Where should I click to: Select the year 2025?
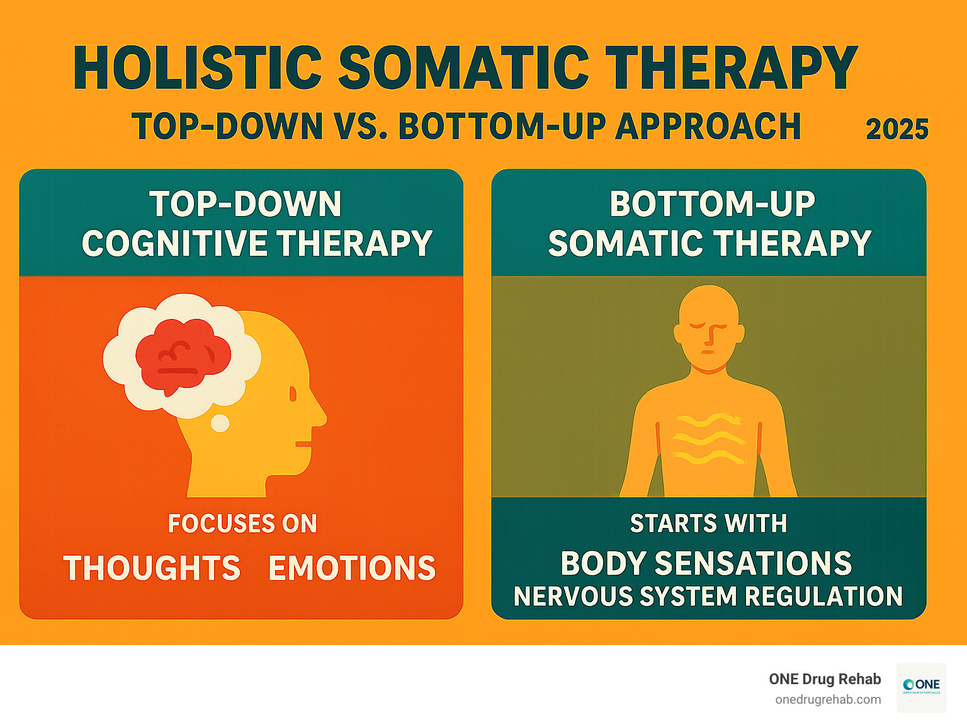click(x=897, y=129)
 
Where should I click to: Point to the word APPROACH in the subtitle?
click(x=708, y=126)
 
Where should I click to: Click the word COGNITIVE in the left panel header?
click(x=174, y=243)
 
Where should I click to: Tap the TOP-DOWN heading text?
click(x=245, y=204)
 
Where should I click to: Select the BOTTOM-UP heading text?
click(x=712, y=204)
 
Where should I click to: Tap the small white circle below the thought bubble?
click(x=220, y=423)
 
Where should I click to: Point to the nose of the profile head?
click(x=320, y=416)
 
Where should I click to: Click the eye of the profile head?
click(x=293, y=394)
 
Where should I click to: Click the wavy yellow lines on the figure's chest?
click(x=708, y=438)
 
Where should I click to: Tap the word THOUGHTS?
click(x=152, y=568)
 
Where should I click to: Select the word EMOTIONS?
click(x=352, y=568)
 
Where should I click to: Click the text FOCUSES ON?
click(x=242, y=524)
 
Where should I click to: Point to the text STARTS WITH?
click(x=708, y=524)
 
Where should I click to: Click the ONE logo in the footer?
click(x=921, y=686)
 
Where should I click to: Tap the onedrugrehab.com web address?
click(x=828, y=700)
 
